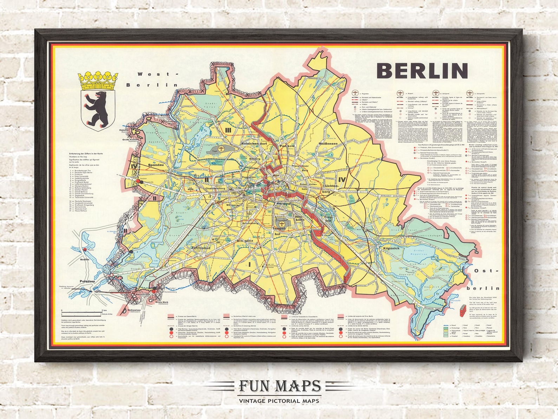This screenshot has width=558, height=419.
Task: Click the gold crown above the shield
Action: (x=98, y=81)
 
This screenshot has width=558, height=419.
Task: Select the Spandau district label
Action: (x=156, y=165)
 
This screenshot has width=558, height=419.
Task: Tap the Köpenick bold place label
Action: (x=391, y=248)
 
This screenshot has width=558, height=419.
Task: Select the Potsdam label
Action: (x=87, y=281)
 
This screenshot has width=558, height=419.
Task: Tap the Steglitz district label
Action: (x=245, y=241)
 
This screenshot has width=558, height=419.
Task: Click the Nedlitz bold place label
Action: (x=85, y=258)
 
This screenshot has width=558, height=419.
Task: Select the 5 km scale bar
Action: (x=82, y=312)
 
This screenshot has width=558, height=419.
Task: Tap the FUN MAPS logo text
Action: (x=279, y=386)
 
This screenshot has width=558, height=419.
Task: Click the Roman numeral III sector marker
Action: (x=228, y=130)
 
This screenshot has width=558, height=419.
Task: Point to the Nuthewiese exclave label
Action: (x=134, y=310)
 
